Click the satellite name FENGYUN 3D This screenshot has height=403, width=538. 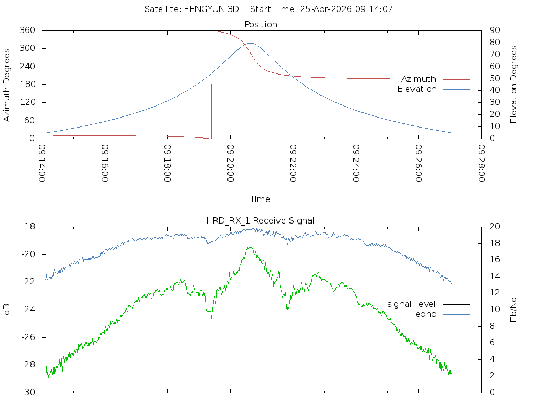click(211, 9)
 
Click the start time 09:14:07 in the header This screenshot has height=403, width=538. click(374, 9)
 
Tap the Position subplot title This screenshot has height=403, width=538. click(261, 24)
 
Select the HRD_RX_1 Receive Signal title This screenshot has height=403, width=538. click(260, 220)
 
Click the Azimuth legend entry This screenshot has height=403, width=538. click(419, 79)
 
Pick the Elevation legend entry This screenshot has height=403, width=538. click(417, 89)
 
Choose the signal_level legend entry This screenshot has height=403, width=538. click(411, 304)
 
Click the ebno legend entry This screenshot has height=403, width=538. click(426, 314)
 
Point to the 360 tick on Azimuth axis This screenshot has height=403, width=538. click(27, 30)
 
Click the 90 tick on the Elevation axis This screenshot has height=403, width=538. click(495, 30)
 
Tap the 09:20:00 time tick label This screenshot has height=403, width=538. click(230, 163)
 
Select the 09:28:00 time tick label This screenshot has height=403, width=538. click(481, 163)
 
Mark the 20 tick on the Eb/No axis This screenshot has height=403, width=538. click(495, 226)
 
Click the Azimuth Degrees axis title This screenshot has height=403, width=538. click(6, 84)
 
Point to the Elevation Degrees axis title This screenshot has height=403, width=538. click(513, 84)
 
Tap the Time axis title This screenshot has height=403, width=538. click(260, 199)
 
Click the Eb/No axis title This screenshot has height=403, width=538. click(513, 310)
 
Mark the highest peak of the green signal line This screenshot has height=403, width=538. click(250, 248)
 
